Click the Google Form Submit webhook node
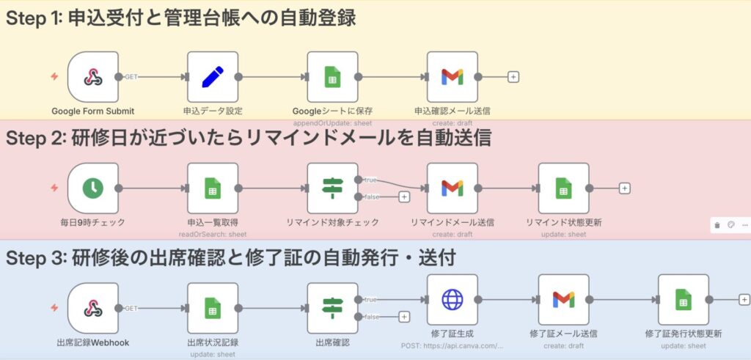[x=92, y=76]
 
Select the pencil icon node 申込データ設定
[x=212, y=76]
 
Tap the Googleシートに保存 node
[x=332, y=76]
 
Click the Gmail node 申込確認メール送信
[x=452, y=76]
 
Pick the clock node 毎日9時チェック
[x=92, y=188]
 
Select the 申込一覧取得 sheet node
[x=212, y=188]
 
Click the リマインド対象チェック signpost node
[x=332, y=188]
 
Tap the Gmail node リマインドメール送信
[x=452, y=188]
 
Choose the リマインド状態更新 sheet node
[x=563, y=188]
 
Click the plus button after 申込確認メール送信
[x=513, y=76]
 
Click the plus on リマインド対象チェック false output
[x=403, y=196]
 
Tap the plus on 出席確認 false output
[x=403, y=317]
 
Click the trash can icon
[x=717, y=225]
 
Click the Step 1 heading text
[x=180, y=18]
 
